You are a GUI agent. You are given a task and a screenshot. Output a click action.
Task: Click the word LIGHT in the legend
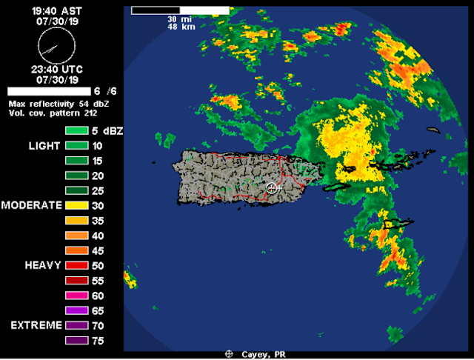tap(44, 146)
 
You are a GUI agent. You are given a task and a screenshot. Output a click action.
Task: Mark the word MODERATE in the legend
tap(32, 205)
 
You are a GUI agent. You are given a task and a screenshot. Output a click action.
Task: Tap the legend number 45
tap(98, 250)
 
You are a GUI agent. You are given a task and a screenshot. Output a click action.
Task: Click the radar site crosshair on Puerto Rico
tap(273, 188)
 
